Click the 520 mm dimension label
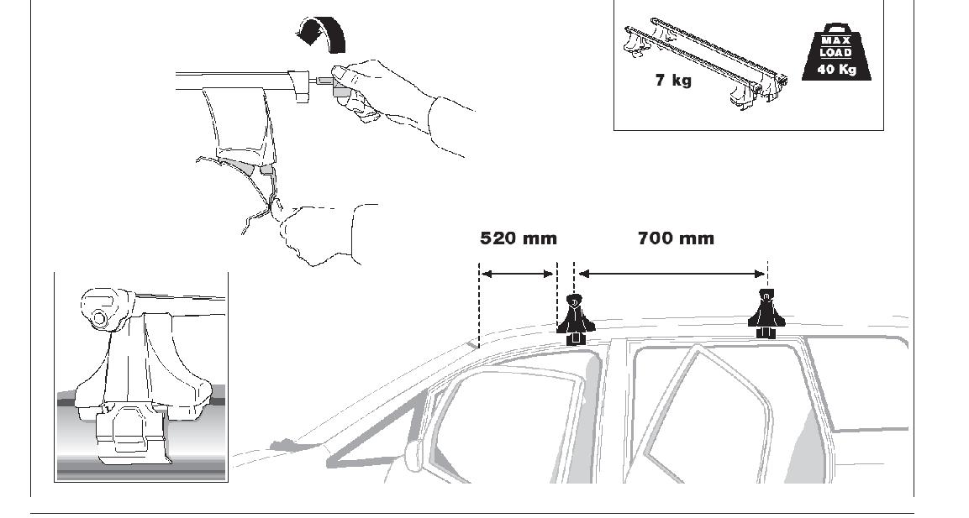coord(518,238)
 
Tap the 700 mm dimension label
coord(675,238)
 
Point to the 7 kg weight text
coord(673,81)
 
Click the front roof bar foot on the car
coord(574,320)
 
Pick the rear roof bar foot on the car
coord(766,316)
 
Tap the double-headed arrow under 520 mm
coord(517,273)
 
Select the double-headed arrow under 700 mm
coord(672,273)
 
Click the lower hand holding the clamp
coord(319,231)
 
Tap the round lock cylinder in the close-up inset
coord(99,318)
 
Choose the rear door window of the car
coord(714,411)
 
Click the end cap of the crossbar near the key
coord(300,87)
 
